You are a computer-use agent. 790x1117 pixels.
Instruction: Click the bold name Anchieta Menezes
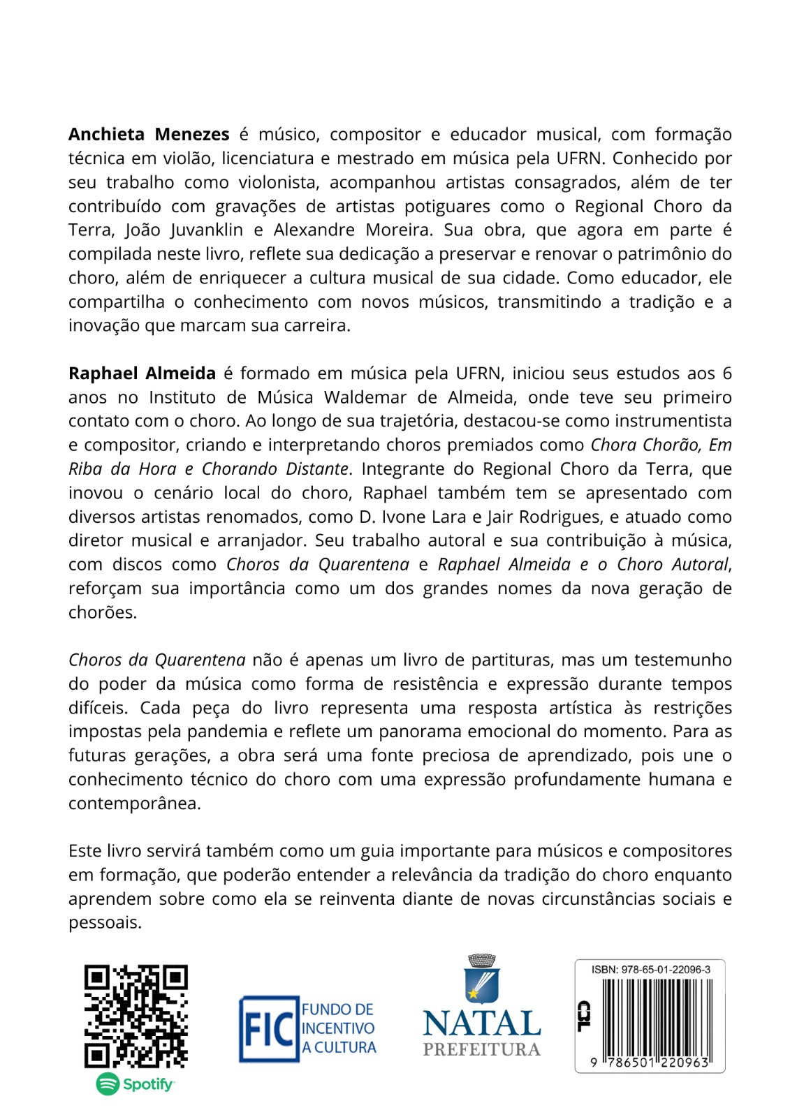[x=149, y=134]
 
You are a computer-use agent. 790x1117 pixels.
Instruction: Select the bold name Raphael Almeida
[x=142, y=373]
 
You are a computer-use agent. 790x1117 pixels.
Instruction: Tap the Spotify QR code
[x=136, y=1016]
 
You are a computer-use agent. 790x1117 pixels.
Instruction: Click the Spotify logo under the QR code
[x=136, y=1083]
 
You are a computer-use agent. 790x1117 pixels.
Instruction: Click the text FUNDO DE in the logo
[x=337, y=1009]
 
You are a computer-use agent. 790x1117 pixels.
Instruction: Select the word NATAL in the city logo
[x=481, y=1023]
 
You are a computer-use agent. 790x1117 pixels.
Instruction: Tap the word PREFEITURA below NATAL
[x=481, y=1049]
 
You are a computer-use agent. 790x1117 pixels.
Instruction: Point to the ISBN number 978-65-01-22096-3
[x=650, y=970]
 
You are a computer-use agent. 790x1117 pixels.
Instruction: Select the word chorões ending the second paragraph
[x=102, y=613]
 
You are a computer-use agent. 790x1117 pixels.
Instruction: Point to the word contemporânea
[x=134, y=804]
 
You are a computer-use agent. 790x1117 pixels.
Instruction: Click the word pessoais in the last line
[x=105, y=923]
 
